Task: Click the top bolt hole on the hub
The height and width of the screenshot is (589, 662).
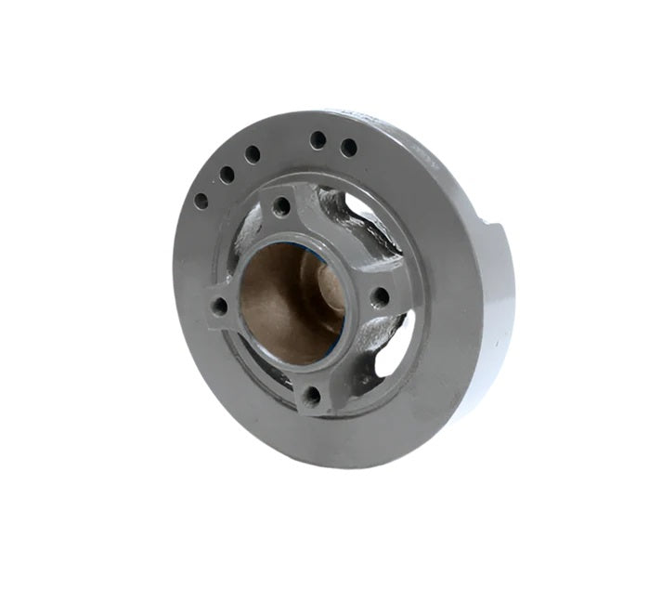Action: coord(281,206)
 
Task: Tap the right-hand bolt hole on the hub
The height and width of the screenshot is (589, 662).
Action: coord(381,297)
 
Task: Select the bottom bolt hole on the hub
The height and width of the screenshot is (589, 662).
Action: coord(312,396)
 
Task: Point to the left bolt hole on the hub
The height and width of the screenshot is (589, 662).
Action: coord(219,306)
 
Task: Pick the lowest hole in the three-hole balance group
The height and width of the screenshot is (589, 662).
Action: coord(201,200)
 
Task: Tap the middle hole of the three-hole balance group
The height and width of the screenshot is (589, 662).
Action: coord(226,174)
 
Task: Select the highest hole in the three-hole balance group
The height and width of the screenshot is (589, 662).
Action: coord(253,154)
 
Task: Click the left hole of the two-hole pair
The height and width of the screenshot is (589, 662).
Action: coord(318,140)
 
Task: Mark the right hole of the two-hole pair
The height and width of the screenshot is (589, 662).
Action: coord(349,147)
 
